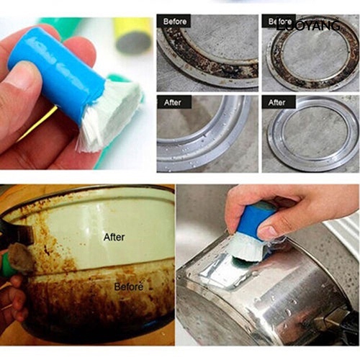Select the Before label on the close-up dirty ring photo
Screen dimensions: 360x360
pyautogui.click(x=175, y=22)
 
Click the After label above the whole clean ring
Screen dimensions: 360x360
pyautogui.click(x=277, y=103)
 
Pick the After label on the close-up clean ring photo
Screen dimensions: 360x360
pyautogui.click(x=174, y=103)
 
